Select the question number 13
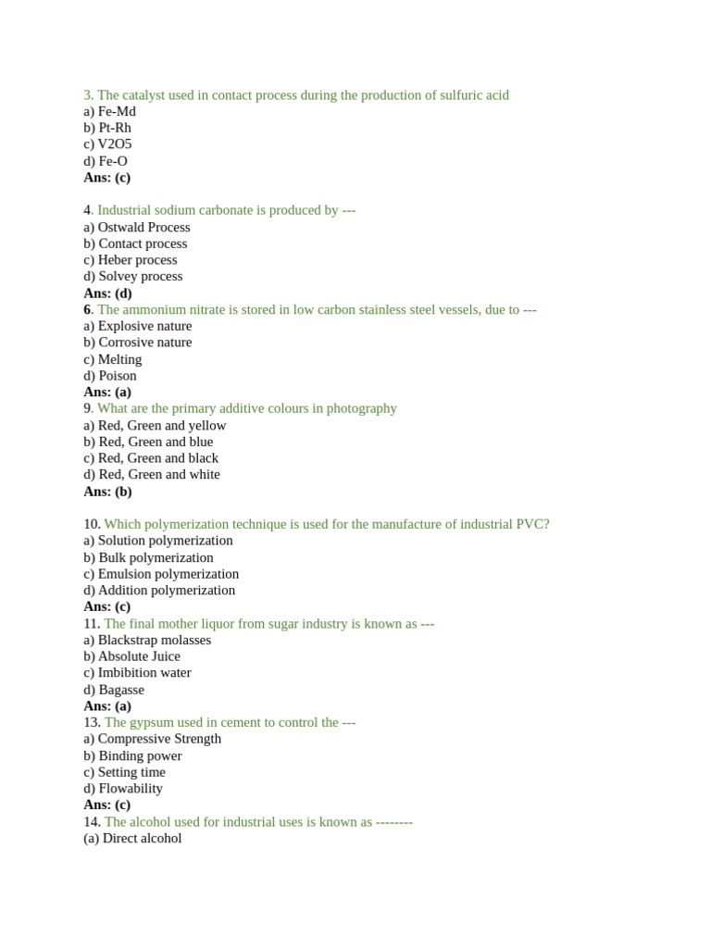(x=92, y=722)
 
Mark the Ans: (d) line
(x=107, y=293)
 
